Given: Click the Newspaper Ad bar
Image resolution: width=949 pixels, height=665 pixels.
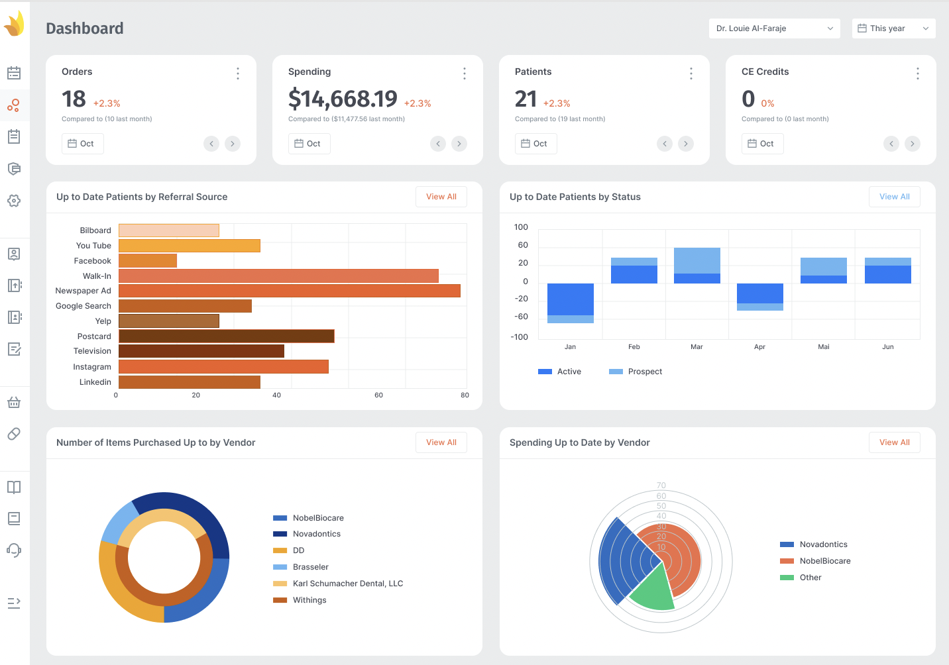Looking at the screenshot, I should point(289,291).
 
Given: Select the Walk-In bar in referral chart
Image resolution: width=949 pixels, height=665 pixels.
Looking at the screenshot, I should point(278,276).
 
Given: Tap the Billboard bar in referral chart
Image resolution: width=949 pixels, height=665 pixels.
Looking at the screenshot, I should point(168,230).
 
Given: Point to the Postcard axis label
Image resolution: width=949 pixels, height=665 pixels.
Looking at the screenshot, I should point(94,336).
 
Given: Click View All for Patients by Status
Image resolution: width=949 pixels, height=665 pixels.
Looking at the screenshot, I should point(894,197).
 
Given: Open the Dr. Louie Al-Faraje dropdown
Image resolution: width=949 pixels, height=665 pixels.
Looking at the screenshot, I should point(774,28).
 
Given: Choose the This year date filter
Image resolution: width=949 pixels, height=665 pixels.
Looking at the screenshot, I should point(893,28).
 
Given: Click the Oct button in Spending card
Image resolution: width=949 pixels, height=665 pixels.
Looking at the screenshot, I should point(309,144).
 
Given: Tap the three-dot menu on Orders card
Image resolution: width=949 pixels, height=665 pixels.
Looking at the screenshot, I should point(238,74).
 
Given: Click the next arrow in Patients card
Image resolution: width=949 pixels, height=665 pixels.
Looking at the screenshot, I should point(686,144).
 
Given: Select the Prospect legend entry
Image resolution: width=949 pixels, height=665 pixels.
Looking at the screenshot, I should point(636,372).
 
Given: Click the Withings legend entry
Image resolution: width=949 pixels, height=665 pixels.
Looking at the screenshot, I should point(309,600).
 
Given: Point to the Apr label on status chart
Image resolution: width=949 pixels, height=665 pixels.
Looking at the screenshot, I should point(759,347).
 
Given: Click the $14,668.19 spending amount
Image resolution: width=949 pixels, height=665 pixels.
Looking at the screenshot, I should point(343,99).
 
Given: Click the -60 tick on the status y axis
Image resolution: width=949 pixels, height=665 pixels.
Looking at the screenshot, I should point(522,317).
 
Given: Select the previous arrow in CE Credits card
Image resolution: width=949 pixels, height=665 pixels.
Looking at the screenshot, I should point(891,144).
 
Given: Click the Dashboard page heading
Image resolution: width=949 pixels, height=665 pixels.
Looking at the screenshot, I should point(85,28).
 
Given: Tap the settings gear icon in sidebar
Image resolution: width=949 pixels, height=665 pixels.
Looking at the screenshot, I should point(14,201).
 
